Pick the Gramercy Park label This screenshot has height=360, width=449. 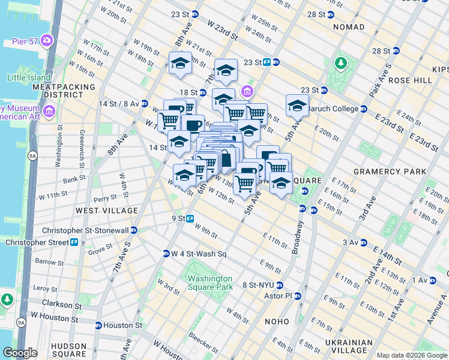pyautogui.click(x=390, y=172)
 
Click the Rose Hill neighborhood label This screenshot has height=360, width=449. pyautogui.click(x=410, y=80)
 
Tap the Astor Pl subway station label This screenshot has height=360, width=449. pyautogui.click(x=280, y=296)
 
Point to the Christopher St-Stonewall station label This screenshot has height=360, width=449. pyautogui.click(x=85, y=230)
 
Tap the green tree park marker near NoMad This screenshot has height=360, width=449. pyautogui.click(x=341, y=63)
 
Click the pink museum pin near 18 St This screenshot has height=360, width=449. pyautogui.click(x=247, y=91)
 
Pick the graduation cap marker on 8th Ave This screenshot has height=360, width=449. pyautogui.click(x=179, y=64)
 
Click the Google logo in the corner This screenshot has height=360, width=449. pyautogui.click(x=20, y=353)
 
